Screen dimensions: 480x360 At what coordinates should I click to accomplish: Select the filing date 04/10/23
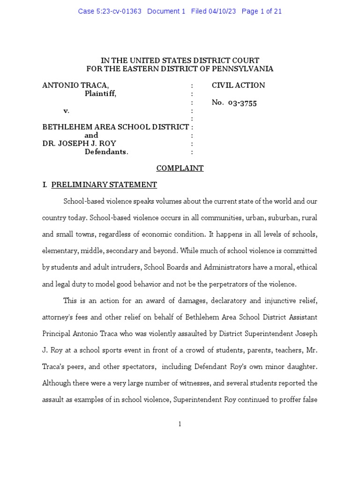click(x=223, y=11)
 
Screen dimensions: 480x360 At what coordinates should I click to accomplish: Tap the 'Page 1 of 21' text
click(x=262, y=11)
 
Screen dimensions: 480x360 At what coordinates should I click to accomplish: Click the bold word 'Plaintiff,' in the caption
click(x=100, y=94)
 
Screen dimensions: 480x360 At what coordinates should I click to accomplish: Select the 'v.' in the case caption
click(x=67, y=111)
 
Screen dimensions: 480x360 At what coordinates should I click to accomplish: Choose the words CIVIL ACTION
click(x=238, y=85)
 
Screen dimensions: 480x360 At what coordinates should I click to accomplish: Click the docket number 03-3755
click(x=242, y=103)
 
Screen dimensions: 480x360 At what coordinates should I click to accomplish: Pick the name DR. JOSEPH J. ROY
click(x=79, y=143)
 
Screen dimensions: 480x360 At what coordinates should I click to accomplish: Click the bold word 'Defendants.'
click(x=106, y=152)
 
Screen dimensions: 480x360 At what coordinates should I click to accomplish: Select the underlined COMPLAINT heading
click(x=180, y=168)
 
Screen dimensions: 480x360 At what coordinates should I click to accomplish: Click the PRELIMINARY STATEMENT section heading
click(x=104, y=185)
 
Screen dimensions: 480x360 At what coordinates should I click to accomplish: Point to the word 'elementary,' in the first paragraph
click(x=61, y=251)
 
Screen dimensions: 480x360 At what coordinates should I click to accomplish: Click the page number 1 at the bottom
click(x=180, y=424)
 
